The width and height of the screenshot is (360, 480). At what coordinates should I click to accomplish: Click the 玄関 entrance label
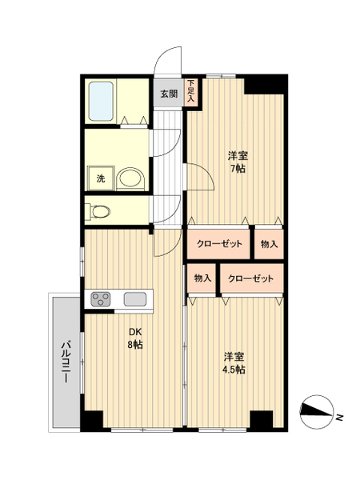169,94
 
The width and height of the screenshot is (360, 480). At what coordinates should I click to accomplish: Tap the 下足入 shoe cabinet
191,93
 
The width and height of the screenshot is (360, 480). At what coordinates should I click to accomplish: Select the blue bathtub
101,101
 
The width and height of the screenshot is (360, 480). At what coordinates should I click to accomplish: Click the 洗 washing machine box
101,178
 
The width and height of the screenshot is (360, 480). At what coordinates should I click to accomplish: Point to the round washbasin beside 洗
131,179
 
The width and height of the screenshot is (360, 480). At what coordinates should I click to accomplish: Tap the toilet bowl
100,211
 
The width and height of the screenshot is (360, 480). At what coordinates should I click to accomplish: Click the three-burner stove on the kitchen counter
101,299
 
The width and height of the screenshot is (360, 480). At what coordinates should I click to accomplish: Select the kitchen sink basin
135,299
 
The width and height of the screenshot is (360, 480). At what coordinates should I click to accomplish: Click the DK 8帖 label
135,338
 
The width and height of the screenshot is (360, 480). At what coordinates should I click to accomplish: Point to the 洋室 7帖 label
238,162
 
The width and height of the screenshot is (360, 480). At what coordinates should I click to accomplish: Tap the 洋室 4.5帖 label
234,363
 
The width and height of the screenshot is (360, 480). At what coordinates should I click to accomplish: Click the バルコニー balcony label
66,362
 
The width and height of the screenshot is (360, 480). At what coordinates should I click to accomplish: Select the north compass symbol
317,412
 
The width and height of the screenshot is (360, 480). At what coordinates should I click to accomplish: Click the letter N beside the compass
339,417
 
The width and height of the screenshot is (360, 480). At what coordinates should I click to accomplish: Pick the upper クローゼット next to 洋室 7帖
219,244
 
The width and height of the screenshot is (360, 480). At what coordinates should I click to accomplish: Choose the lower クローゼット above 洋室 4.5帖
251,278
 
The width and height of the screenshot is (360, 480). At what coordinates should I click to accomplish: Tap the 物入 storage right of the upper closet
269,244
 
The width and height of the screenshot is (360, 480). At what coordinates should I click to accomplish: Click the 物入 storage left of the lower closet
202,278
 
